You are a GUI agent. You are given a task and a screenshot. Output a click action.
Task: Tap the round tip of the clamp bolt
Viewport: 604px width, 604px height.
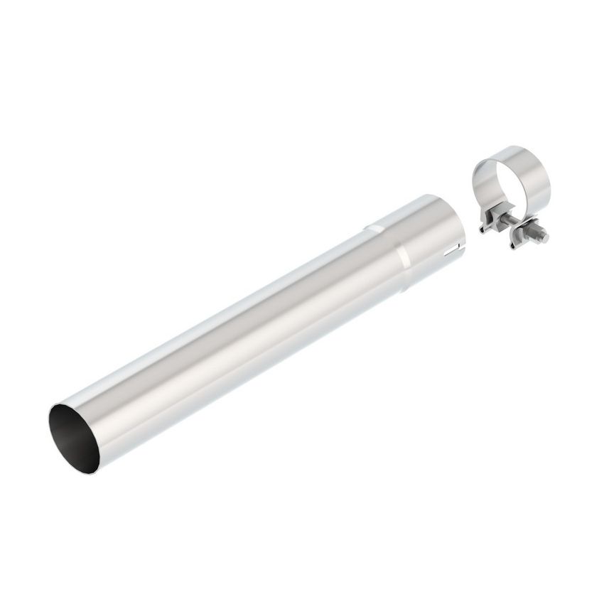click(546, 236)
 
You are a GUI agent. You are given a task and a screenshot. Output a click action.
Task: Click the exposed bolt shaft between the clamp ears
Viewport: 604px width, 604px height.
click(516, 227)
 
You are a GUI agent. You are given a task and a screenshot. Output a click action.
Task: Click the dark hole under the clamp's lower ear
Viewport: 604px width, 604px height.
click(514, 246)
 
